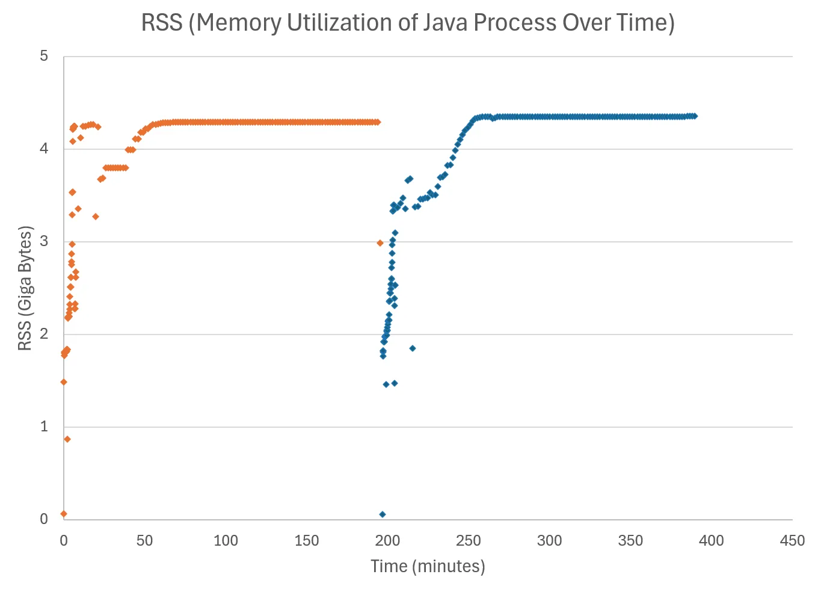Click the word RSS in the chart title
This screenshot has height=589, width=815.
[162, 23]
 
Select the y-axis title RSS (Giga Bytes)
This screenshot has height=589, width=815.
[25, 288]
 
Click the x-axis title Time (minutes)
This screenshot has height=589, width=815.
[428, 566]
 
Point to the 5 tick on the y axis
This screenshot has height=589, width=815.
[44, 56]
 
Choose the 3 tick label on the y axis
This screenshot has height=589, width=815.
[44, 241]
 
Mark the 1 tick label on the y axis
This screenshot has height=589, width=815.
[44, 427]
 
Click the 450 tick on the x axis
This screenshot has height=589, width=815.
[792, 540]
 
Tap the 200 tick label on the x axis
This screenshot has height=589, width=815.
[387, 540]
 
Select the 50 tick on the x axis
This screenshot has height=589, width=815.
[144, 540]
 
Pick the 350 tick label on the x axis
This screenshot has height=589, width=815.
[630, 540]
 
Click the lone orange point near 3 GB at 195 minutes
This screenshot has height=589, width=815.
[380, 243]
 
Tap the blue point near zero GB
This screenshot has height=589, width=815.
[383, 514]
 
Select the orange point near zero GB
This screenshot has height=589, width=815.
[64, 514]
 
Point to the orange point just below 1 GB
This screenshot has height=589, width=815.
[67, 439]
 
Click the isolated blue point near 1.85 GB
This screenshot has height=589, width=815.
[412, 348]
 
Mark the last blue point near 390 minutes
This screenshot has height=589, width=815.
[695, 116]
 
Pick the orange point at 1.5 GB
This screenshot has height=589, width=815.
[64, 382]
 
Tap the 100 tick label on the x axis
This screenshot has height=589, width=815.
[226, 540]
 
